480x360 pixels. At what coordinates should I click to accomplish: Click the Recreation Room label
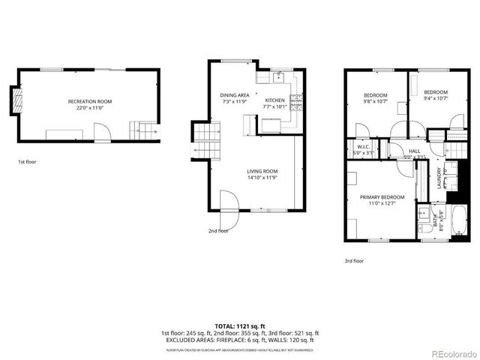click(x=90, y=100)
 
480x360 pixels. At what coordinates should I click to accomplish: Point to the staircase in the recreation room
click(x=142, y=133)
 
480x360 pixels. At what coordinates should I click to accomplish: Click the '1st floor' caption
click(x=27, y=161)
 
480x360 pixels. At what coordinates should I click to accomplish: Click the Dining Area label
click(x=235, y=95)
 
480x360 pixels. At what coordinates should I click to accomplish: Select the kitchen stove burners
click(x=295, y=100)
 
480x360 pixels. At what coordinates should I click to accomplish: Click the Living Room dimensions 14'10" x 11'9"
click(x=262, y=178)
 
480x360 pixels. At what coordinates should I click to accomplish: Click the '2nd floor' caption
click(x=218, y=231)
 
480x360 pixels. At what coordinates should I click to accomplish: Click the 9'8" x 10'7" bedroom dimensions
click(x=376, y=101)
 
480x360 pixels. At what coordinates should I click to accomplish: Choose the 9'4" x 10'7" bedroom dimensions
click(x=435, y=98)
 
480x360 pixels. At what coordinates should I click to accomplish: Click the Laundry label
click(x=438, y=180)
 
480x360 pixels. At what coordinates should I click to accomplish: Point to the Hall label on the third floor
click(x=414, y=151)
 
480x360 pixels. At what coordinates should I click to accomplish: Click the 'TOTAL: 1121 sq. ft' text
click(x=240, y=326)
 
